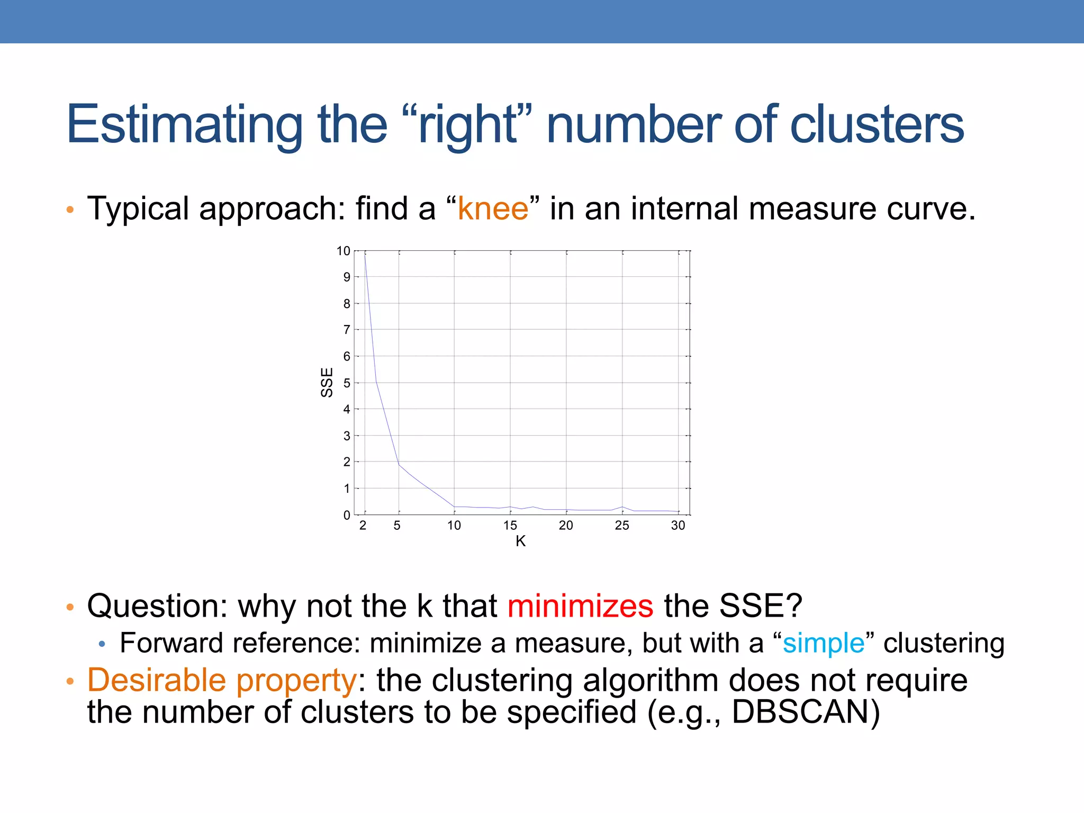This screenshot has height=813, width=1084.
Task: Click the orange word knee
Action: click(x=493, y=209)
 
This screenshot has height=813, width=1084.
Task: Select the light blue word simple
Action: click(x=823, y=643)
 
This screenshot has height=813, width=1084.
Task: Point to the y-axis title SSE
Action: click(x=327, y=382)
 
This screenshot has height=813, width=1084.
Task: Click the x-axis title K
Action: click(x=520, y=541)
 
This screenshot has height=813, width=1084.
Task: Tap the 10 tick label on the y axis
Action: click(x=343, y=251)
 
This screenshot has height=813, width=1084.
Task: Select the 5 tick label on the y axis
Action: click(x=347, y=383)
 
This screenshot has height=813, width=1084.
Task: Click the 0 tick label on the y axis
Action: click(x=347, y=515)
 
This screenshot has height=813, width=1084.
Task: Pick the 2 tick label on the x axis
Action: click(x=363, y=526)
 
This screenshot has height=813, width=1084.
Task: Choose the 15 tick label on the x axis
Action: click(x=510, y=526)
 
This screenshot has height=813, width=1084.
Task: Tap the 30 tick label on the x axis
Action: click(x=677, y=526)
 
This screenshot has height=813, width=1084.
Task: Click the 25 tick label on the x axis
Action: click(x=622, y=526)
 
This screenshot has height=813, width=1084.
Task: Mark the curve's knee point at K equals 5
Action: click(x=399, y=464)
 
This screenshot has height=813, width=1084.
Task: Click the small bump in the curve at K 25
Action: click(x=622, y=507)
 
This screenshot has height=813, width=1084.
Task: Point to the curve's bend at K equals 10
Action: click(x=454, y=507)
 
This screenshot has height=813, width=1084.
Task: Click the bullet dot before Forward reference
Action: click(x=102, y=644)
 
